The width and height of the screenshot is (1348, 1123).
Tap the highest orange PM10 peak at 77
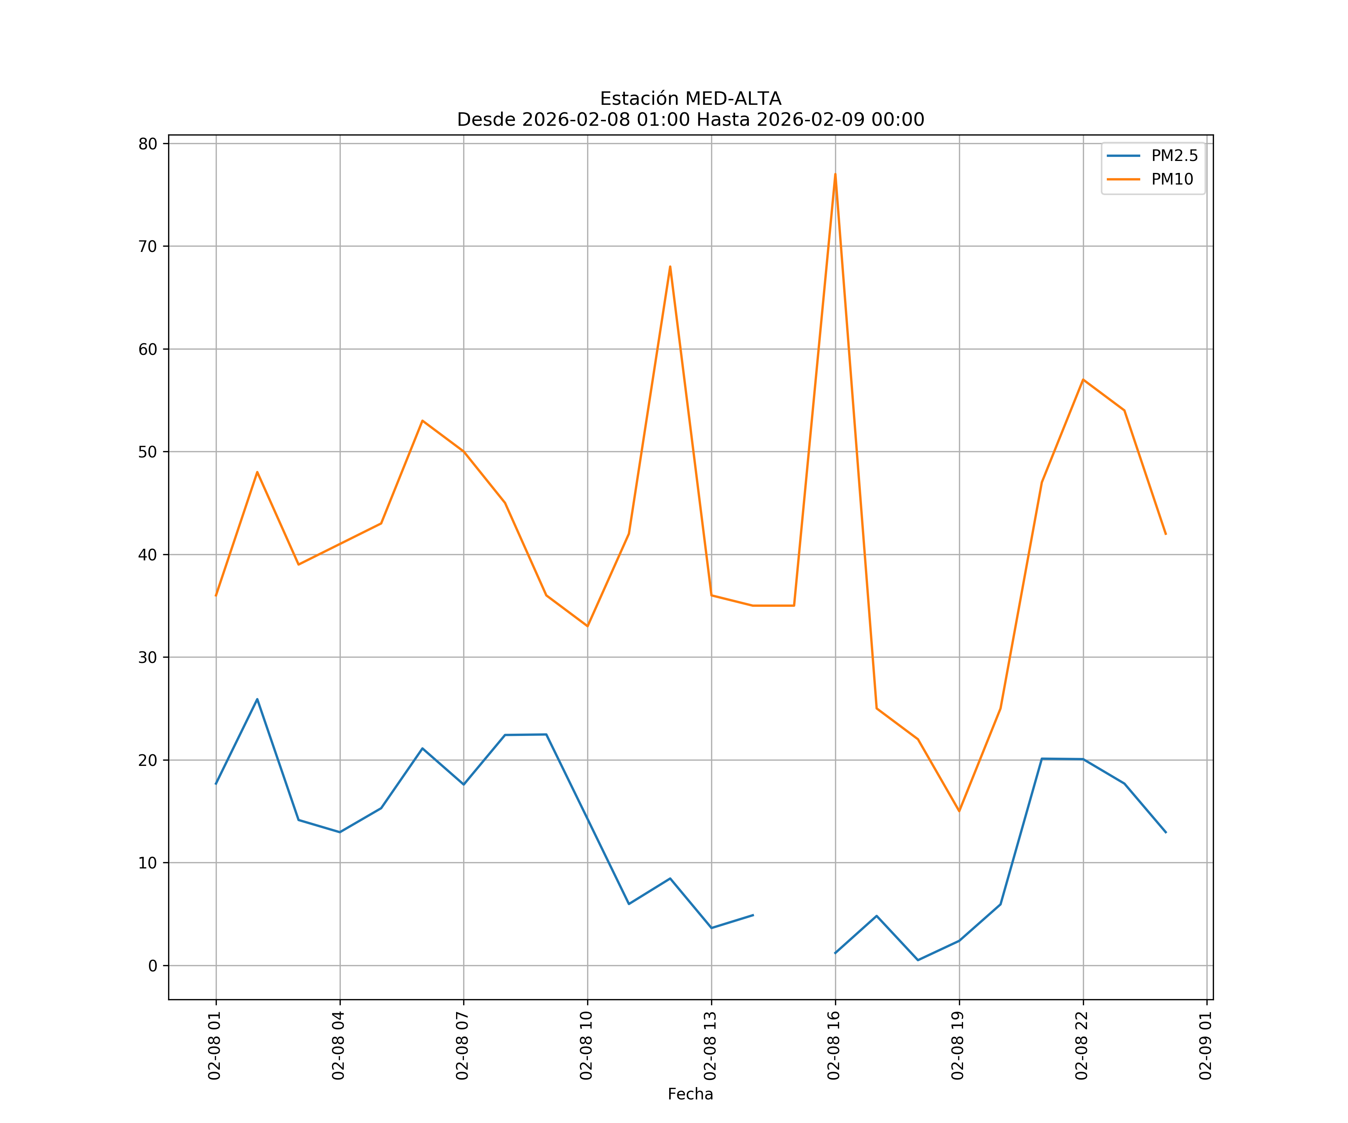coord(835,174)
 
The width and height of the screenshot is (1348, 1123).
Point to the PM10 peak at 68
coord(670,266)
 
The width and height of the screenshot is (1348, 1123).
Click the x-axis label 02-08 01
coord(215,1046)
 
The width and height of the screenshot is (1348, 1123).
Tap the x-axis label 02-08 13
coord(710,1046)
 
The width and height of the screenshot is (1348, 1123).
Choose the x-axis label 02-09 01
coord(1205,1046)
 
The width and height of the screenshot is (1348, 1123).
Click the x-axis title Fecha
coord(690,1094)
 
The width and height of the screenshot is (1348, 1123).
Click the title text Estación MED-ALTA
coord(690,99)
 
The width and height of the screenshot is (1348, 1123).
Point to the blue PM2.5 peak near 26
coord(257,700)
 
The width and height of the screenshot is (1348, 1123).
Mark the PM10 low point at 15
coord(959,811)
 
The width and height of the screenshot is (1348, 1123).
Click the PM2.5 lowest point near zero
coord(918,960)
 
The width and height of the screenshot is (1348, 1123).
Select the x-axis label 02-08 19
coord(958,1046)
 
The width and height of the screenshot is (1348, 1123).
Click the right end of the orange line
coord(1166,534)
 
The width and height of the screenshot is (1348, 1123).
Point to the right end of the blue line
coord(1166,832)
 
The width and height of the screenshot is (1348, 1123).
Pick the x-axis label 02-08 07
coord(462,1046)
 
